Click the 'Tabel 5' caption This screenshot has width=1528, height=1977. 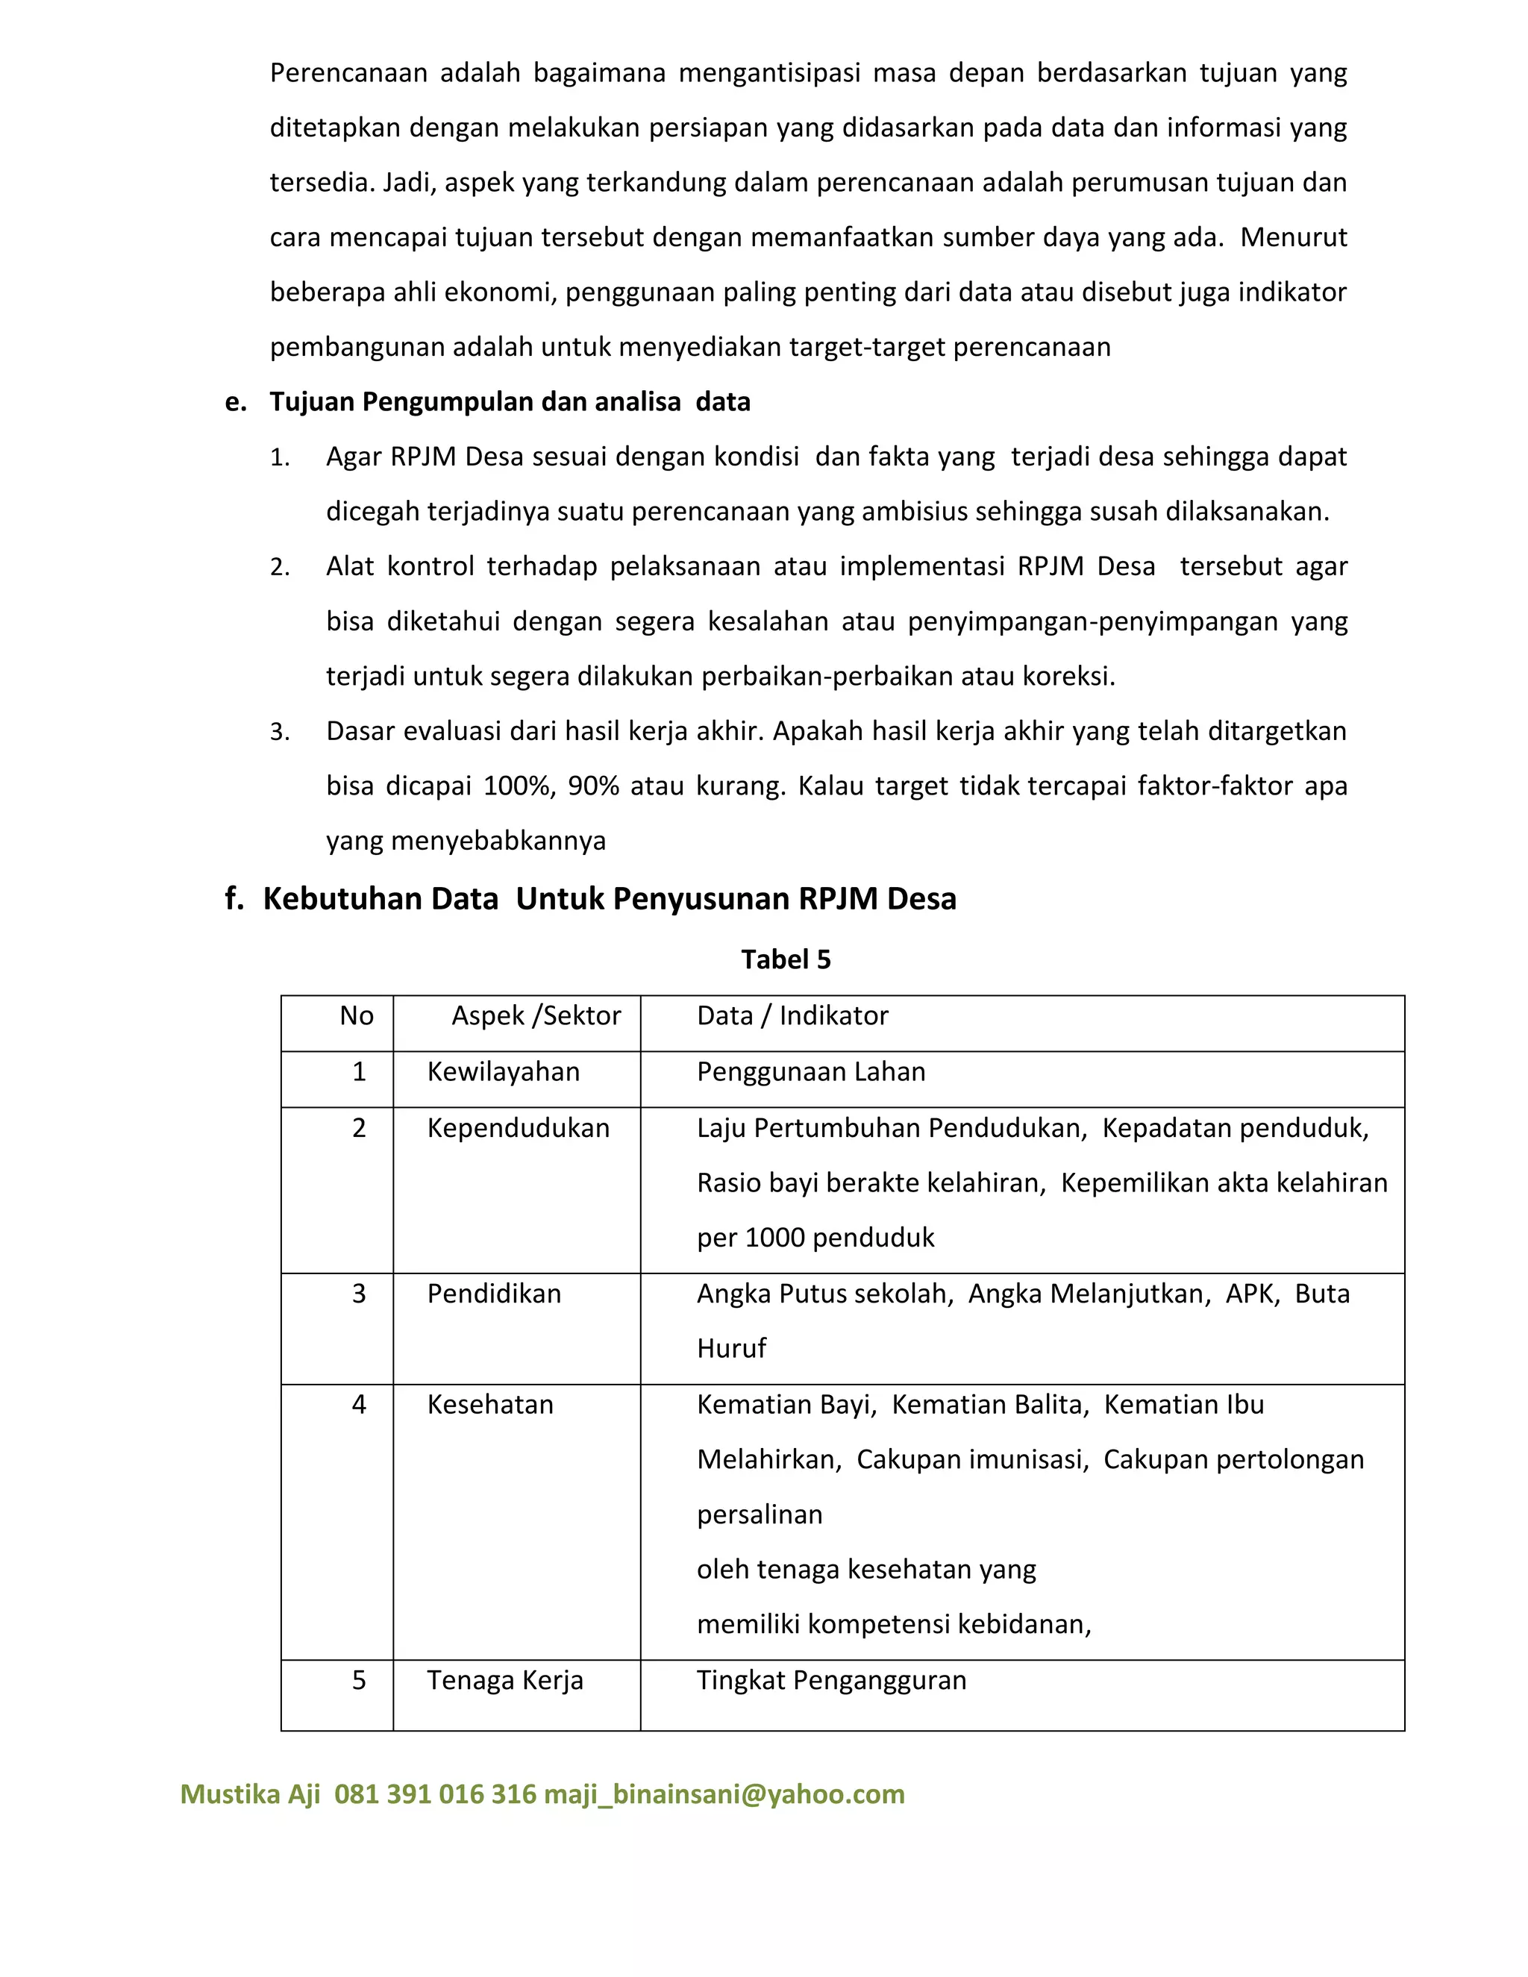pyautogui.click(x=785, y=959)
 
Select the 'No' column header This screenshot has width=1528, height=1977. pyautogui.click(x=356, y=1015)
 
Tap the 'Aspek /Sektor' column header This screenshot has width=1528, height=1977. pyautogui.click(x=536, y=1015)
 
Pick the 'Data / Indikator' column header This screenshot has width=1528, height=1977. pyautogui.click(x=792, y=1015)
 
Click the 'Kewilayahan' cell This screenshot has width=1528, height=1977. pyautogui.click(x=504, y=1072)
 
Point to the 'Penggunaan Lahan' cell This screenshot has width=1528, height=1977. pyautogui.click(x=811, y=1072)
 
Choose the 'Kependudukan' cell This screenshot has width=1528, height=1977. pyautogui.click(x=518, y=1128)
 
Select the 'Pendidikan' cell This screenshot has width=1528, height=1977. pyautogui.click(x=493, y=1294)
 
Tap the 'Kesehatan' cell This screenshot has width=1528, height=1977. pyautogui.click(x=489, y=1404)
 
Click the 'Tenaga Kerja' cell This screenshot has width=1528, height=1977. pyautogui.click(x=504, y=1680)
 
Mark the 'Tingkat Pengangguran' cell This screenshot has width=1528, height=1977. pyautogui.click(x=831, y=1680)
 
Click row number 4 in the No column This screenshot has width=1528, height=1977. pyautogui.click(x=358, y=1404)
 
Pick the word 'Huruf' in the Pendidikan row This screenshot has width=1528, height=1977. pyautogui.click(x=730, y=1349)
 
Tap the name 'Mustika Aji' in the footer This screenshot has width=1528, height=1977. pyautogui.click(x=250, y=1793)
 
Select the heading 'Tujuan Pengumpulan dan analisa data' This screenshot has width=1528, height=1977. pyautogui.click(x=510, y=402)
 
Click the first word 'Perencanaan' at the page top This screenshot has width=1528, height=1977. pyautogui.click(x=348, y=72)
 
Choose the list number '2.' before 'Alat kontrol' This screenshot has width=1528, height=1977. pyautogui.click(x=280, y=568)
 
